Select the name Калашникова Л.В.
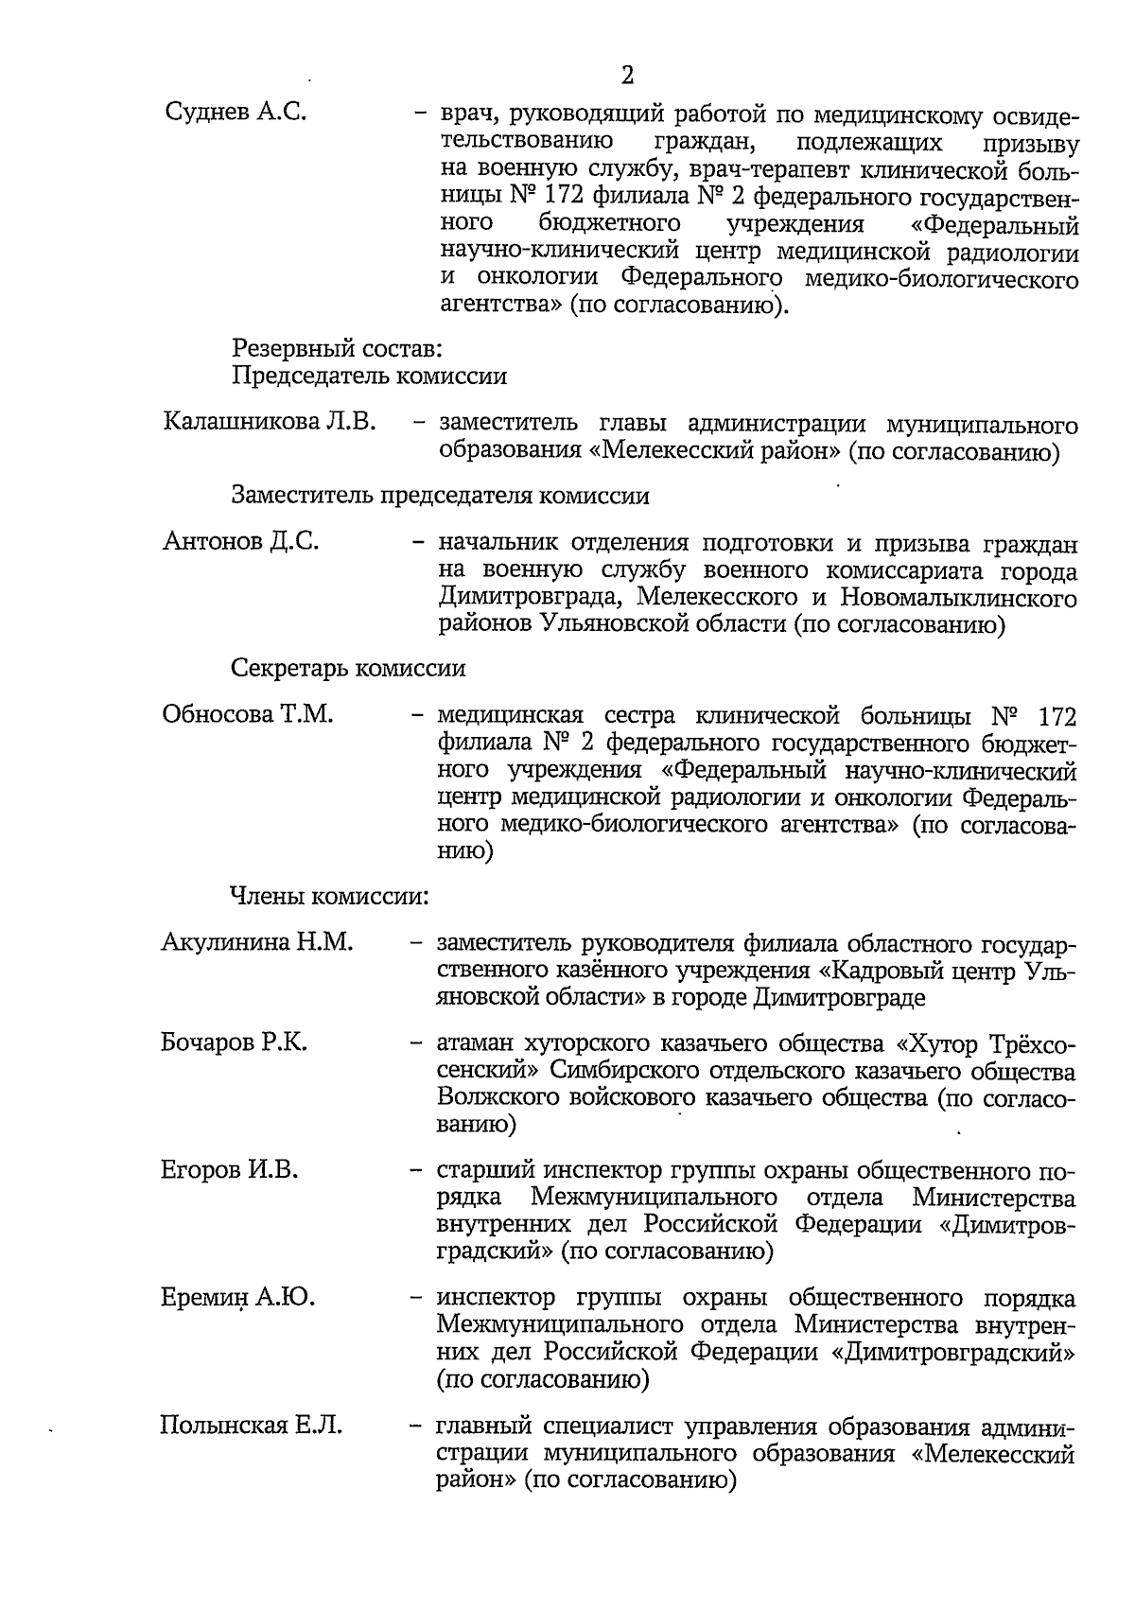[270, 421]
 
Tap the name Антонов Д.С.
[241, 542]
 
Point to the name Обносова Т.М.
[248, 713]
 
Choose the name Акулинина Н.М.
[257, 942]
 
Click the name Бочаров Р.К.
[235, 1043]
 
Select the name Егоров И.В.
[230, 1170]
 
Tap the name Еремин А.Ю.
[238, 1297]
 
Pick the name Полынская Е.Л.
[252, 1425]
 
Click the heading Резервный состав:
[338, 349]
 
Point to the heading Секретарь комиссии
[349, 669]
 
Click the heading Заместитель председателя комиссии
[441, 496]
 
